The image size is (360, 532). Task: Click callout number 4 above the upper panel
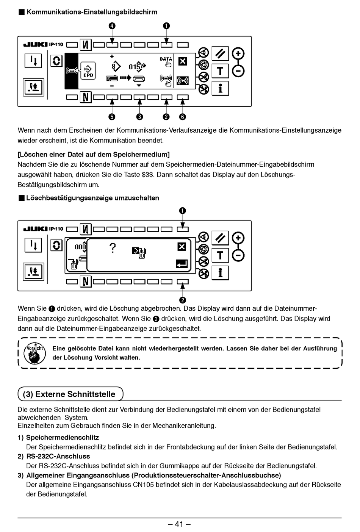112,26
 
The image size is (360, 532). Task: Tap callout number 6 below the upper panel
183,117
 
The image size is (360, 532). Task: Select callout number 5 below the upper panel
112,117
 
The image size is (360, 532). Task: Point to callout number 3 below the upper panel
140,117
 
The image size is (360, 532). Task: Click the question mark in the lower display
112,248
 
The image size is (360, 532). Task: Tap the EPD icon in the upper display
88,71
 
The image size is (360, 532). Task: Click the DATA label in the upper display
166,59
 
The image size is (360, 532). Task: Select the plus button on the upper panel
238,53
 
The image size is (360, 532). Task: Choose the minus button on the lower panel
238,256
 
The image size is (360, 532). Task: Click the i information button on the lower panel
220,272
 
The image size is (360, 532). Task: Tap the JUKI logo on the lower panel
36,229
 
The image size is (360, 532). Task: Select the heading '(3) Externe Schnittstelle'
69,394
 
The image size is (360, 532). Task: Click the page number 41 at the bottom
179,524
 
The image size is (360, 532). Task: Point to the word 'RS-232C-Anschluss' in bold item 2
58,456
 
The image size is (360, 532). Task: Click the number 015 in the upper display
135,67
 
